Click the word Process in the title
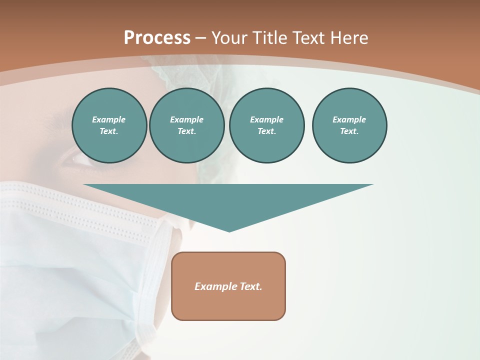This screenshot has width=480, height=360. (157, 38)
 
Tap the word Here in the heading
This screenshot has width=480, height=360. (348, 38)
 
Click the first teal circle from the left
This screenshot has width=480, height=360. (109, 125)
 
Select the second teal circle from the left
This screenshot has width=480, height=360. (186, 125)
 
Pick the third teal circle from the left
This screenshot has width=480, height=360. (266, 125)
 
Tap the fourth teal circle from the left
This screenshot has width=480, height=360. (349, 125)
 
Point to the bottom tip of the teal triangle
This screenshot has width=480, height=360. (229, 231)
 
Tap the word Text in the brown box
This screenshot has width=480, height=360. (251, 286)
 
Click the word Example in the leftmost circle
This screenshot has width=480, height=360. (109, 119)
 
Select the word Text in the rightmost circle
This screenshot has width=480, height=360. (349, 131)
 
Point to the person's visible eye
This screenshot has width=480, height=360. (80, 159)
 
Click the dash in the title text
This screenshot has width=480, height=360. (200, 38)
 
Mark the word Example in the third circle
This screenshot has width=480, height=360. (266, 119)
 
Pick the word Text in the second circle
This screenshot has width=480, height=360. (186, 131)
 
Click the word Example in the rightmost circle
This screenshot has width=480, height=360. (349, 119)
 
